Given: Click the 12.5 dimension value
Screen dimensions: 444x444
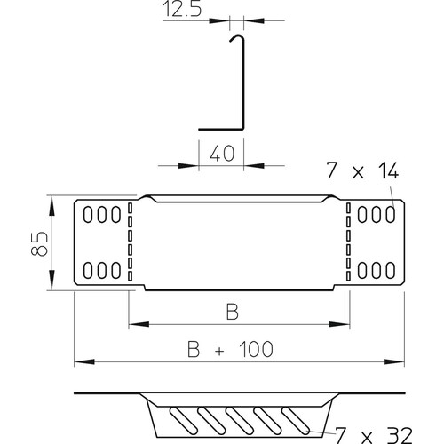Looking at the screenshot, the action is pos(182,9).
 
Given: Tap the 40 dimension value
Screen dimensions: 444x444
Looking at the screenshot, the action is pos(222,154).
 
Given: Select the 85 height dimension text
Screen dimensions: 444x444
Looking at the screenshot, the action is pos(39,243).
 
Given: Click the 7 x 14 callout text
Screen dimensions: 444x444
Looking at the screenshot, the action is pos(362,170).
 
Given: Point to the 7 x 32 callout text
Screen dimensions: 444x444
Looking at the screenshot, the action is pos(374,435).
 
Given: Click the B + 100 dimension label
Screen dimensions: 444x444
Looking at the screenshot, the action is pos(230,349).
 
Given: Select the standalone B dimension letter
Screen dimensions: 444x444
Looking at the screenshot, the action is pos(233,312).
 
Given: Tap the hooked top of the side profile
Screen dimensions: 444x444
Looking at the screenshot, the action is pos(238,37).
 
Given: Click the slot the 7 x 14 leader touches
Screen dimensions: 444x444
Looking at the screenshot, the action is pos(391,215).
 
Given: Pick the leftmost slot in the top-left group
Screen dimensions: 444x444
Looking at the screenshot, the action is pos(88,215).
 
